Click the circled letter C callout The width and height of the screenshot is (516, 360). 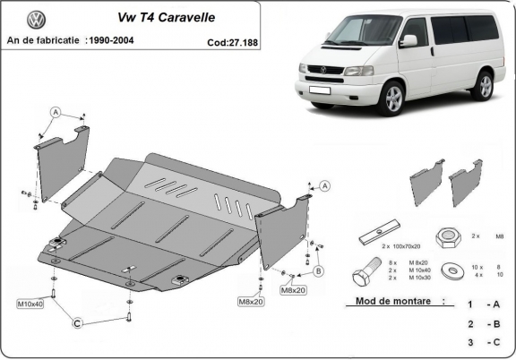tap(78, 323)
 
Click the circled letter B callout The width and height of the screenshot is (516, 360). tap(318, 270)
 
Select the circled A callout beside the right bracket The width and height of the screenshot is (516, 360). tap(324, 185)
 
